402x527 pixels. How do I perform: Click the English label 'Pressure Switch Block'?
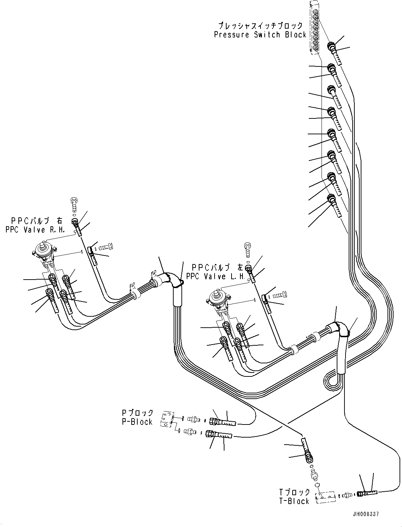[260, 35]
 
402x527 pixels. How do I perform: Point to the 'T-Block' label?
[294, 501]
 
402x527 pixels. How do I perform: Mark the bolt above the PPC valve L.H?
[247, 247]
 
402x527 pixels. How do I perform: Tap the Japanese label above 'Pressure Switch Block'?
[260, 25]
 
